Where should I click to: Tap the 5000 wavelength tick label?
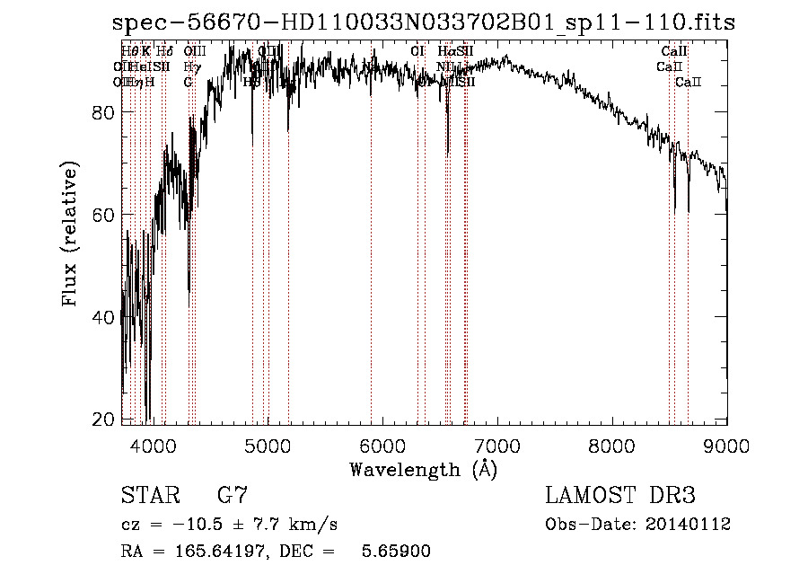click(268, 446)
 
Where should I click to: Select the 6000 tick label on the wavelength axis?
click(382, 446)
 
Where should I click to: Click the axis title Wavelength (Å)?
click(423, 469)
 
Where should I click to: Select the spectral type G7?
click(232, 496)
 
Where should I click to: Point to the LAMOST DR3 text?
click(620, 496)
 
